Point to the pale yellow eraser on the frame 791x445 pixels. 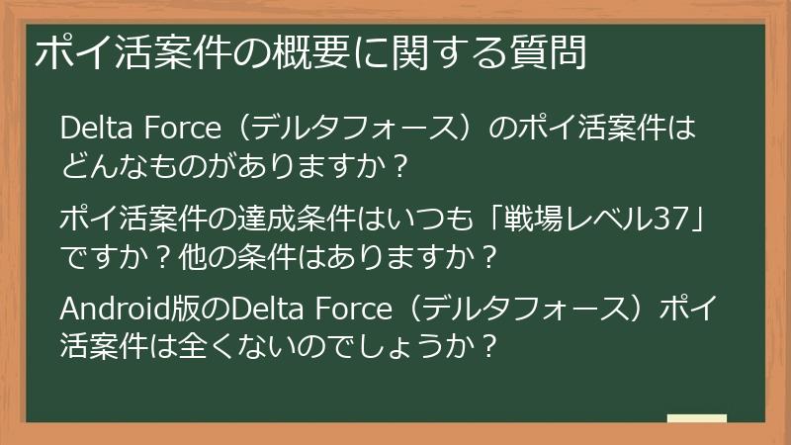click(x=696, y=419)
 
